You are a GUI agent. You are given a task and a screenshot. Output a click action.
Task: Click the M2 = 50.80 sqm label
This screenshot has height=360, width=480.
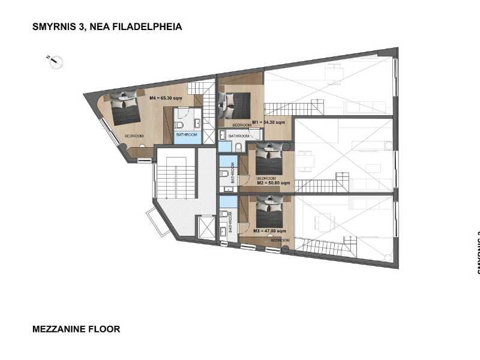pos(274,183)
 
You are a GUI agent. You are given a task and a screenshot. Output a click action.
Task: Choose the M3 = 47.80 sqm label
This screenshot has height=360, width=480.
pos(269,230)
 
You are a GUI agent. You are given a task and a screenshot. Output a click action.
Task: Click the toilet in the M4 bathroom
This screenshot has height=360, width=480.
pos(179,125)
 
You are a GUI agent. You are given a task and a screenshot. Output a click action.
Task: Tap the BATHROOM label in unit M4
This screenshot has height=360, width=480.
pos(187,135)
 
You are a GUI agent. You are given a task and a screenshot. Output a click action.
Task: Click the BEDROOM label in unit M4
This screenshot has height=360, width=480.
pos(134,136)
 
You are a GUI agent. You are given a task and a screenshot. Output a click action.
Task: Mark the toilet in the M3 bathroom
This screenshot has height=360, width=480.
pos(224,214)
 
